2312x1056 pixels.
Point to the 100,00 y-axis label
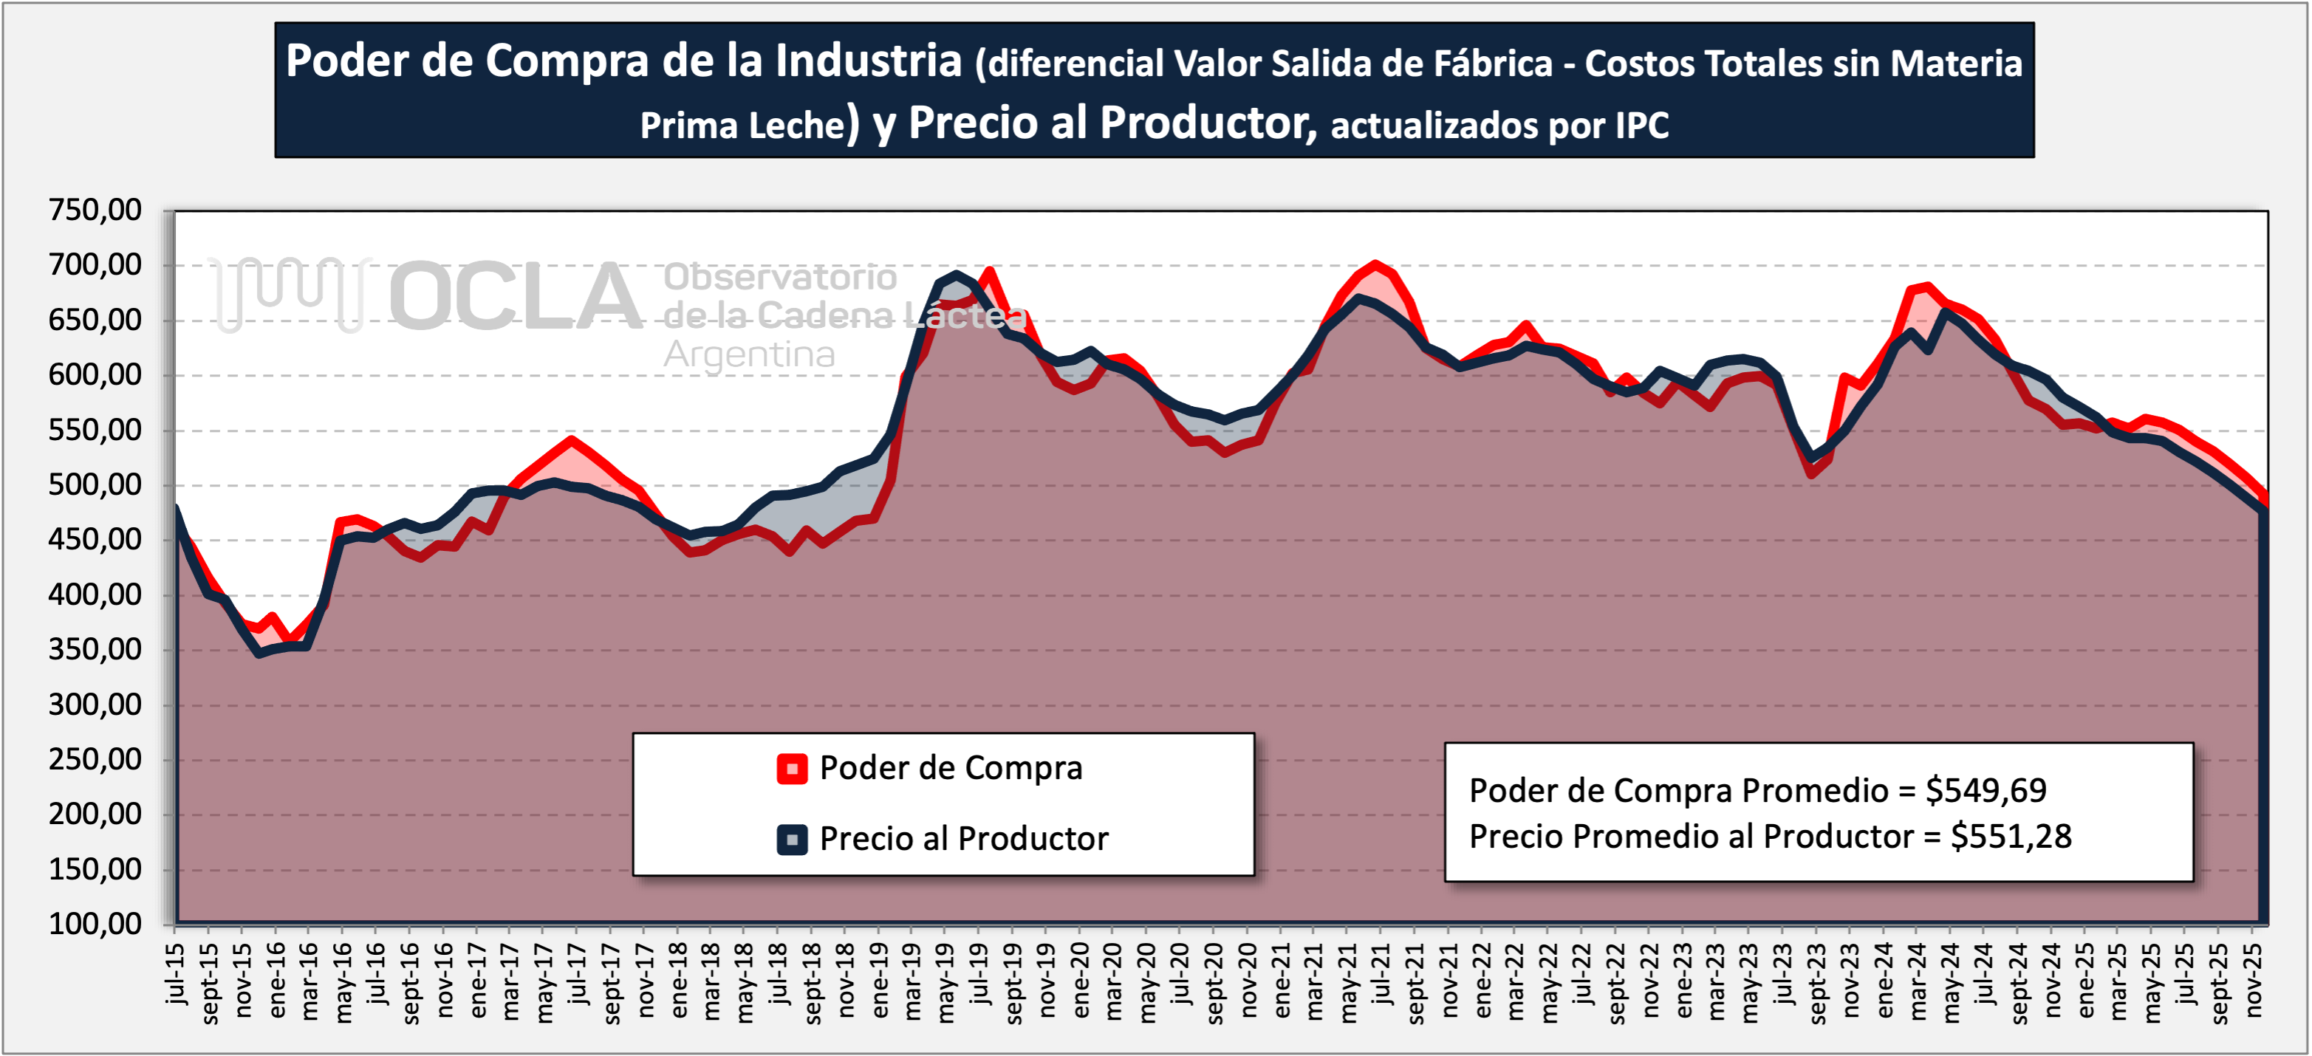coord(95,924)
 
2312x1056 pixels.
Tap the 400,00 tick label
coord(95,595)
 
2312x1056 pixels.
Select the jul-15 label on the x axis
coord(176,973)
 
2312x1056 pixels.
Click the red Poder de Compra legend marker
coord(792,769)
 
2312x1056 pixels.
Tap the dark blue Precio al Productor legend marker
coord(792,840)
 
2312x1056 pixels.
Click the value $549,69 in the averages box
coord(1986,790)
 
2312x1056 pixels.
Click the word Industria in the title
coord(868,62)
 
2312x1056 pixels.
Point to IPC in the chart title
coord(1641,126)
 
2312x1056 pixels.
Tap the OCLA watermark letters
coord(516,295)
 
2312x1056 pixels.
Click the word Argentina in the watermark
coord(750,355)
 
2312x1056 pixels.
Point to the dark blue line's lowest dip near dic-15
coord(259,653)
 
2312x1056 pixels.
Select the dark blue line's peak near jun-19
coord(957,275)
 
